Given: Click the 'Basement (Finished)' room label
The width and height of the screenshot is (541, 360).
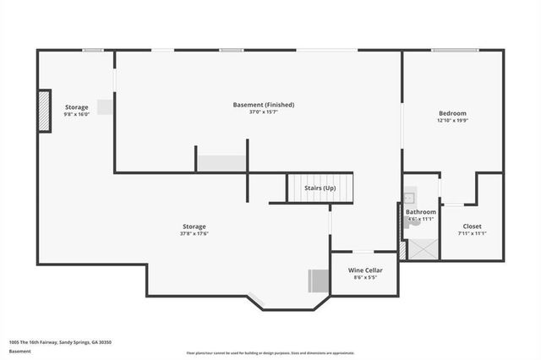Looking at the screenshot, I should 264,105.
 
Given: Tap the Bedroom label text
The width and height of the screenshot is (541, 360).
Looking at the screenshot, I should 451,113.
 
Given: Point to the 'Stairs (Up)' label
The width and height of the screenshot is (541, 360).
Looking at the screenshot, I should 320,188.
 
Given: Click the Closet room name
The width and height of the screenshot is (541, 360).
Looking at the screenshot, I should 472,226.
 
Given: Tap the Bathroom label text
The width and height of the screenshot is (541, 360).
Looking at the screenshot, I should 421,212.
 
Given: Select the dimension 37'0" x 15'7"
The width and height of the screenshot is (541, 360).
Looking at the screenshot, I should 264,112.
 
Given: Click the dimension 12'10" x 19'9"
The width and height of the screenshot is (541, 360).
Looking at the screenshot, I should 451,121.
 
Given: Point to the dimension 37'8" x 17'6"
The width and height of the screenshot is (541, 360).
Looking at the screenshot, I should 194,234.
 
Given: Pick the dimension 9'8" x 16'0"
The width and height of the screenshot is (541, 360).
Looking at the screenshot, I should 77,115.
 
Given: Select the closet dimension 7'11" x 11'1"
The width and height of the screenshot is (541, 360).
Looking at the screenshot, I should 472,234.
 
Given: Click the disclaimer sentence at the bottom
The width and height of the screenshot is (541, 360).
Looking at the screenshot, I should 270,352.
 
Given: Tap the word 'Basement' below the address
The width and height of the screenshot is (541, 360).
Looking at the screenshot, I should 20,351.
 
